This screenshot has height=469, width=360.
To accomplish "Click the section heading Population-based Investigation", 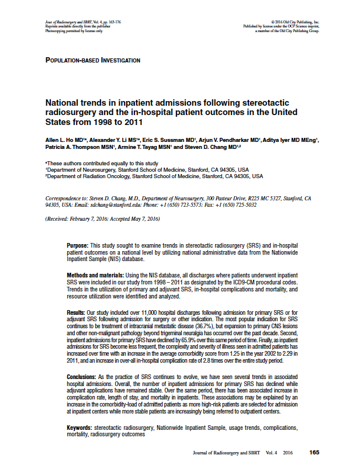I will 92,60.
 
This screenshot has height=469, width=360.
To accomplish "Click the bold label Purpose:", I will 78,246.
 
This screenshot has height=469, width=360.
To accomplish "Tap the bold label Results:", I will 77,315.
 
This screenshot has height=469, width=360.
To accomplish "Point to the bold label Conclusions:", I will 82,378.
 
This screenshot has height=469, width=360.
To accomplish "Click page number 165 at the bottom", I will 314,453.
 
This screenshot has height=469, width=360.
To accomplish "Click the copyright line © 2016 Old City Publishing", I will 290,22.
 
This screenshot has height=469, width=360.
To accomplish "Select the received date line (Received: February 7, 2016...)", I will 102,219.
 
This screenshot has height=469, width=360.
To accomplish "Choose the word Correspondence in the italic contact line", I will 63,199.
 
